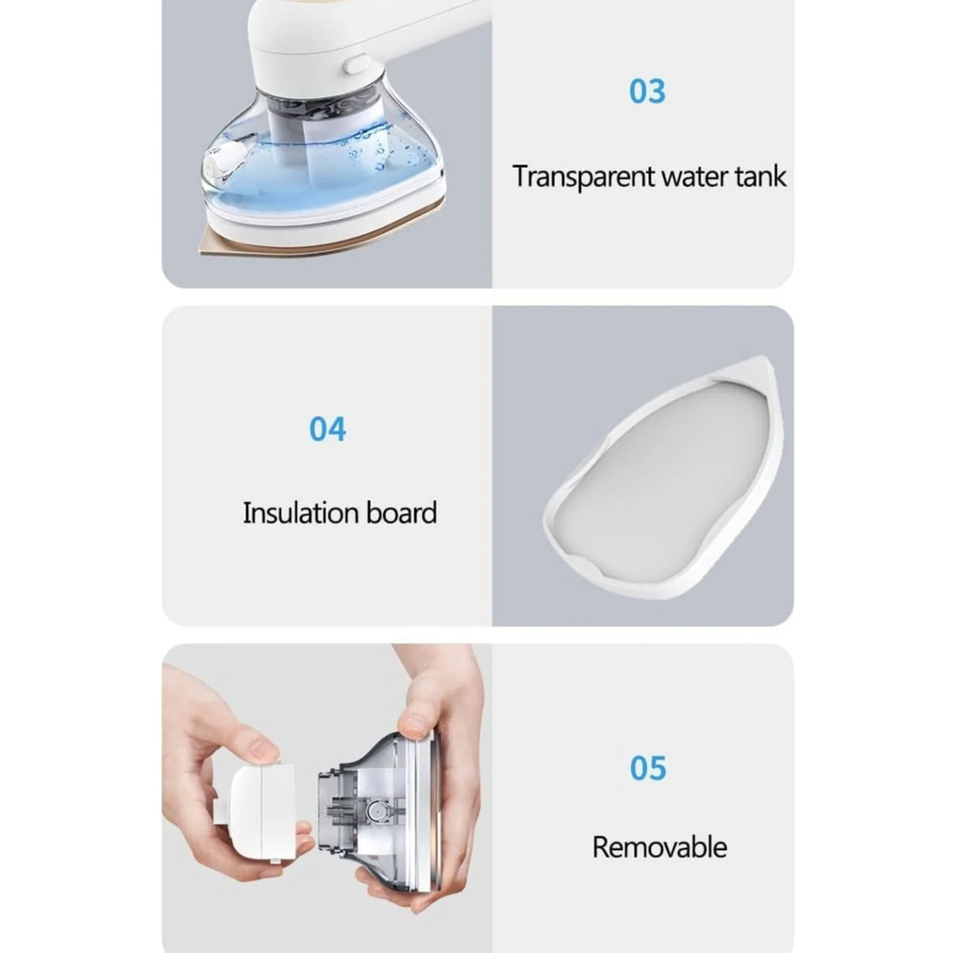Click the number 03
point(647,92)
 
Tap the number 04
point(327,429)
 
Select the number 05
point(648,768)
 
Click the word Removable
point(659,846)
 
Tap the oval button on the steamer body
point(356,64)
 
